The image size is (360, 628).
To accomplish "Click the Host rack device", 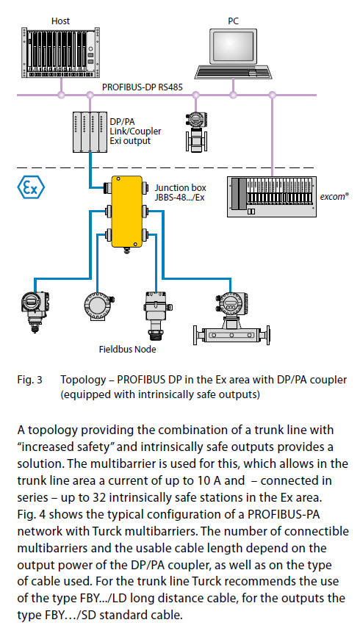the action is [60, 52].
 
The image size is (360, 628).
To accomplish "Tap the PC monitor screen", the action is [233, 46].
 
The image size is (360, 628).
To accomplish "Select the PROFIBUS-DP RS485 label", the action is [142, 87].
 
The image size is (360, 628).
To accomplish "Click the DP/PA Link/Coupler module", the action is [90, 131].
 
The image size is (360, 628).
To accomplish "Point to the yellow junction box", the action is [126, 212].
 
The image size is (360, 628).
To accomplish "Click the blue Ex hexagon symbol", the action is [31, 187].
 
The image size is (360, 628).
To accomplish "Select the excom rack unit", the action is [272, 196].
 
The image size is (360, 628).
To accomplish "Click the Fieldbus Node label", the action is [127, 349].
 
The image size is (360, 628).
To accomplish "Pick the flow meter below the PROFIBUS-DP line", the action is [195, 131].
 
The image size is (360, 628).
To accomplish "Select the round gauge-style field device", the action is [98, 306].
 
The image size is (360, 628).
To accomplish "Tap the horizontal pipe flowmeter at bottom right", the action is [231, 320].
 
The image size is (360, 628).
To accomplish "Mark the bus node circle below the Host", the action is [61, 95].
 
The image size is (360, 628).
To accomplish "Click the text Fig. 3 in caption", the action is [29, 379].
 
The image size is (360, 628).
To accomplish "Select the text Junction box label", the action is [181, 187].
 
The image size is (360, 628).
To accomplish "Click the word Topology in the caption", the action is [83, 380].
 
